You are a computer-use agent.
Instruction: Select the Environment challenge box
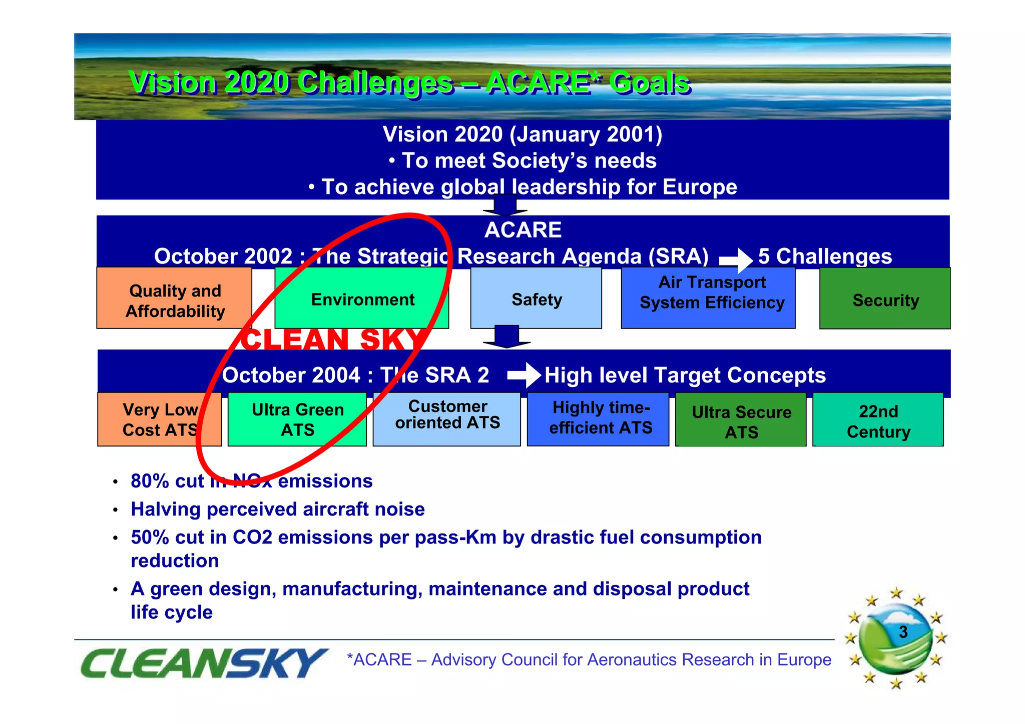tap(362, 299)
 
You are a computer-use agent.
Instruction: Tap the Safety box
tap(536, 299)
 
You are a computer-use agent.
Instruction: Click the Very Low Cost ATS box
tap(159, 419)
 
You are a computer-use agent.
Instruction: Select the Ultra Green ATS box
tap(297, 419)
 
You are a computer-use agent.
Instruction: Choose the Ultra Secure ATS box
tap(741, 420)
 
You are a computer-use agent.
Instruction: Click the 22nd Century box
tap(878, 420)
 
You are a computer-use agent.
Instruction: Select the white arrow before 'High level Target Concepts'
tap(524, 375)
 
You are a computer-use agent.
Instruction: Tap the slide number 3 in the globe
tap(903, 632)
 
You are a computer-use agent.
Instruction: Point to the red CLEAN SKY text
tap(333, 339)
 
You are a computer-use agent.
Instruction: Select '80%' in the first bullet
tap(150, 481)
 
